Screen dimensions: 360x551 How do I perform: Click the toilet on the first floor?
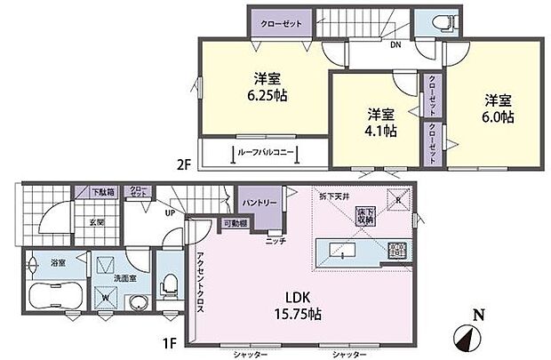(169, 288)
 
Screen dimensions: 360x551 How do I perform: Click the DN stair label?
(394, 45)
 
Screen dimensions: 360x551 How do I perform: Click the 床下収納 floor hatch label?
(365, 214)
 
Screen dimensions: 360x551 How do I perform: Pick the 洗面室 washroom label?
(108, 277)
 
